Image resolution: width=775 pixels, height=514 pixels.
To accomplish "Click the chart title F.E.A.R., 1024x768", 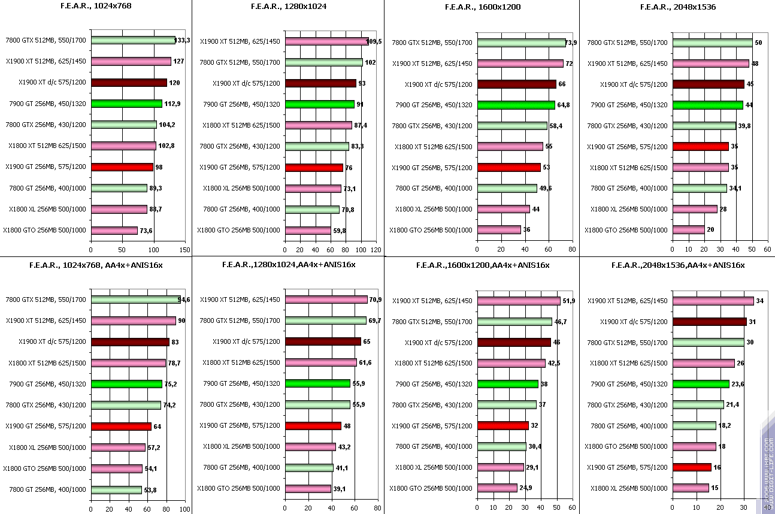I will click(x=96, y=7).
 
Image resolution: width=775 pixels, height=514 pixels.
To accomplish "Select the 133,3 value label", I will click(x=183, y=40).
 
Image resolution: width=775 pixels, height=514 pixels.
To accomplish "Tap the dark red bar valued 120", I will click(x=129, y=83).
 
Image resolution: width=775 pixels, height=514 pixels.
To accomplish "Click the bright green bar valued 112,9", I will click(x=126, y=104).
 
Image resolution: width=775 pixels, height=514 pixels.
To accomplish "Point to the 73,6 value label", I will click(x=147, y=230).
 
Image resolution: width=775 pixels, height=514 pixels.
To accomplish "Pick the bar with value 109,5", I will click(x=326, y=41).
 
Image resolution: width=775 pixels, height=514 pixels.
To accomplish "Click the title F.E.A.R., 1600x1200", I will click(x=483, y=7).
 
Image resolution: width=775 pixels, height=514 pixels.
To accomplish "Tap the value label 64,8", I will click(x=565, y=105).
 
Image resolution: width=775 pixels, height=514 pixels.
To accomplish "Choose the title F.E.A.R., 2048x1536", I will click(x=677, y=7).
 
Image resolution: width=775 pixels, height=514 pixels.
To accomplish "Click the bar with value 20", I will click(x=688, y=229).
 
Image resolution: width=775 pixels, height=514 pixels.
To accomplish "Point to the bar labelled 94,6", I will click(x=135, y=300).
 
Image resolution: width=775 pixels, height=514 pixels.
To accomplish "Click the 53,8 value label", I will click(x=151, y=489).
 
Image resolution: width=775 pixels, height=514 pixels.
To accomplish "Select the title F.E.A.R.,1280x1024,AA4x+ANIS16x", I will click(x=288, y=265).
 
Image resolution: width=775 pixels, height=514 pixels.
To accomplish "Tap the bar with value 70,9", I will click(x=326, y=300).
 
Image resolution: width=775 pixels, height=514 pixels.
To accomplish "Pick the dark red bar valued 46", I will click(x=514, y=342).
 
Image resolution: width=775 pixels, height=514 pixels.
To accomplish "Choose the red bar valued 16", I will click(x=692, y=467).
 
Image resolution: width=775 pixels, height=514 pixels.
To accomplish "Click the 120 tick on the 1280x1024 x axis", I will click(x=376, y=250).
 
